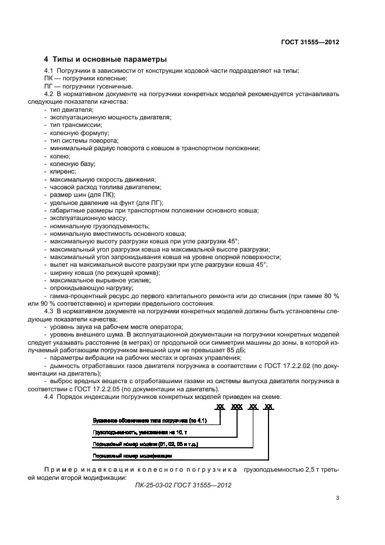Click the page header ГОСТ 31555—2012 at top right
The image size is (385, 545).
310,43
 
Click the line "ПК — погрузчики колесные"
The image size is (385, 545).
85,78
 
